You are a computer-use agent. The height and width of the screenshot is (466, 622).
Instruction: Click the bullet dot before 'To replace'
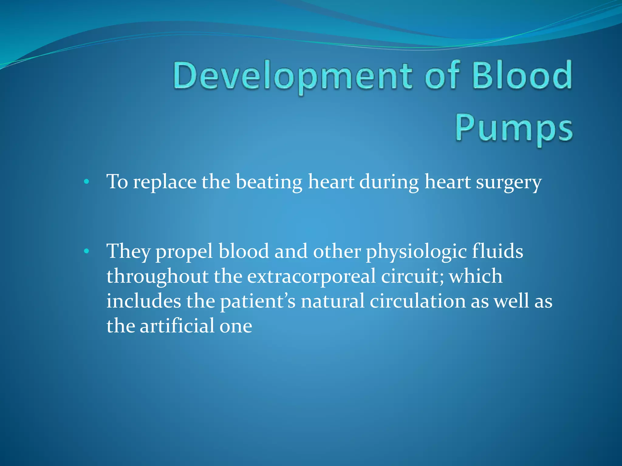87,182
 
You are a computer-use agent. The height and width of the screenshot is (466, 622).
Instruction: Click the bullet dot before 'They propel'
87,251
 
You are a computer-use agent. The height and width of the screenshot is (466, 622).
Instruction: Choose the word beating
269,183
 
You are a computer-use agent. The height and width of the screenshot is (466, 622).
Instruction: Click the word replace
165,183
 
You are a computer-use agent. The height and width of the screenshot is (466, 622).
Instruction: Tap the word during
389,183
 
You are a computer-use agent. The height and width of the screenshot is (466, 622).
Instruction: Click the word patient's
258,302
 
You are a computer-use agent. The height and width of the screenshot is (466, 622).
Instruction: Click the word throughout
157,277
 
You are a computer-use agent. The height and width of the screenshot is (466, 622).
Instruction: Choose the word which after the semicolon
476,277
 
